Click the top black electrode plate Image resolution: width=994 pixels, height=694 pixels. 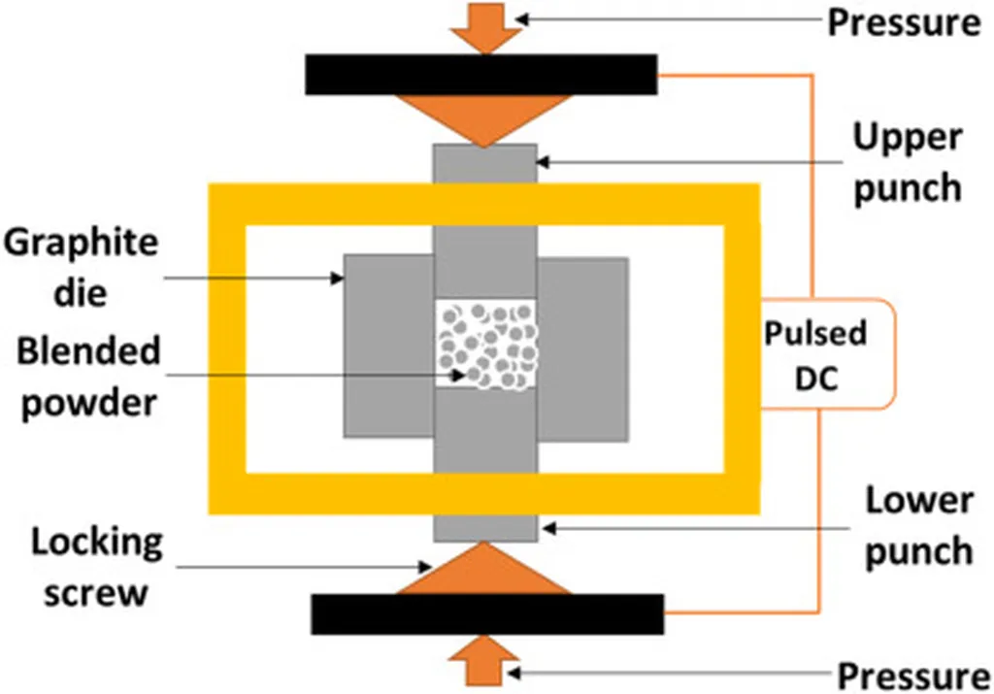click(x=480, y=75)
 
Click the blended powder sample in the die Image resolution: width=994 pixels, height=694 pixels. click(x=485, y=345)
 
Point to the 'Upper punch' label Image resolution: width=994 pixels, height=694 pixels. click(x=907, y=161)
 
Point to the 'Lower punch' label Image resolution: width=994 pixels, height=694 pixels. click(x=918, y=526)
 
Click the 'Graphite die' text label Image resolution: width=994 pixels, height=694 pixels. click(x=80, y=264)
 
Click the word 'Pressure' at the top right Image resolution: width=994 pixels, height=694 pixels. click(x=904, y=21)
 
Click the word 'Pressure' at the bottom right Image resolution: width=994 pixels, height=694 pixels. click(x=913, y=674)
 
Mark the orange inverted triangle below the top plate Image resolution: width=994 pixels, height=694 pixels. click(x=482, y=115)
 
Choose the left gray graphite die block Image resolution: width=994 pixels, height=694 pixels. click(x=388, y=347)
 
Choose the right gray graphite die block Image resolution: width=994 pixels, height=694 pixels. click(x=582, y=347)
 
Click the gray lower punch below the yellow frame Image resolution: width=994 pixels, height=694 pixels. click(x=484, y=528)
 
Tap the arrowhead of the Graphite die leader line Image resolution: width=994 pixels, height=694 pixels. click(x=340, y=279)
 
